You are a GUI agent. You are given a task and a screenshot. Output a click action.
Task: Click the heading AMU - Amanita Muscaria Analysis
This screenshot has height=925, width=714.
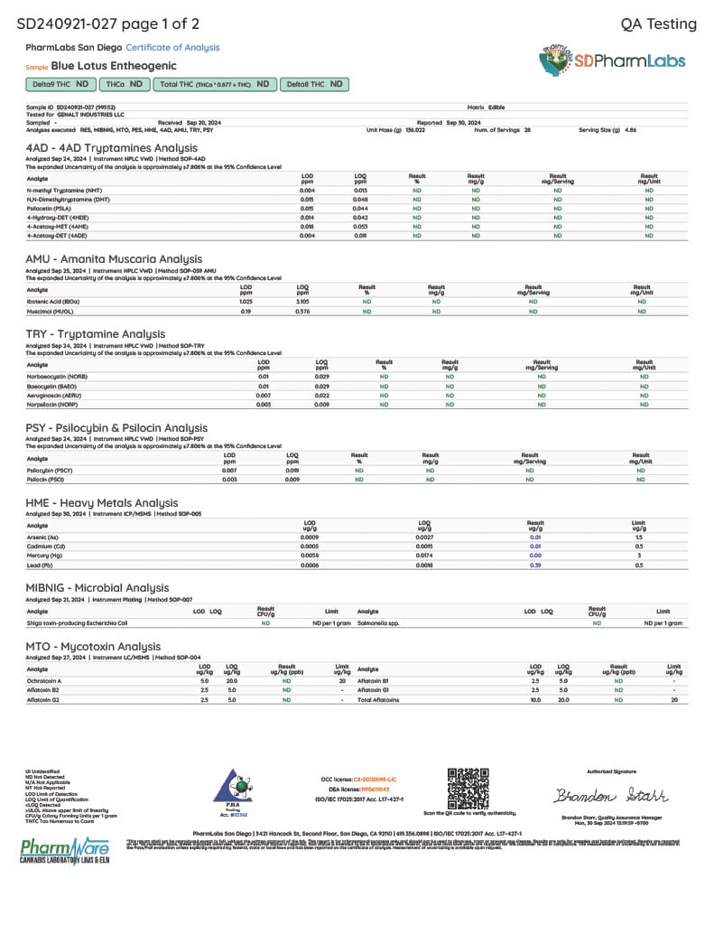pos(114,258)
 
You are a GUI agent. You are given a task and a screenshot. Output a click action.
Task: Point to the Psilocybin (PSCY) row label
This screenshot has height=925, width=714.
pos(50,471)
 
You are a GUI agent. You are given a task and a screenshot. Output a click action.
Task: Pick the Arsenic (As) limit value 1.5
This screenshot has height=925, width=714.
pos(639,537)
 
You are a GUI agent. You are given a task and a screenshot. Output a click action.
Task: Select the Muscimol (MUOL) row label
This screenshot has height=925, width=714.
pos(51,311)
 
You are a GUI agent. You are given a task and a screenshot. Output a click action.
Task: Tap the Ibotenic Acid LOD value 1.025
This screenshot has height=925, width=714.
pos(246,302)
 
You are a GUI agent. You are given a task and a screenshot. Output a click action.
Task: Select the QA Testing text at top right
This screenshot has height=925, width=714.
pos(659,23)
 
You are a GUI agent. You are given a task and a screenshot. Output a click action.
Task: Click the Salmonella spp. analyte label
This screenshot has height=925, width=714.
pos(378,623)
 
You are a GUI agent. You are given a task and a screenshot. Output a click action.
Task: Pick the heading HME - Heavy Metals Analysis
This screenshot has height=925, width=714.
pos(102,503)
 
